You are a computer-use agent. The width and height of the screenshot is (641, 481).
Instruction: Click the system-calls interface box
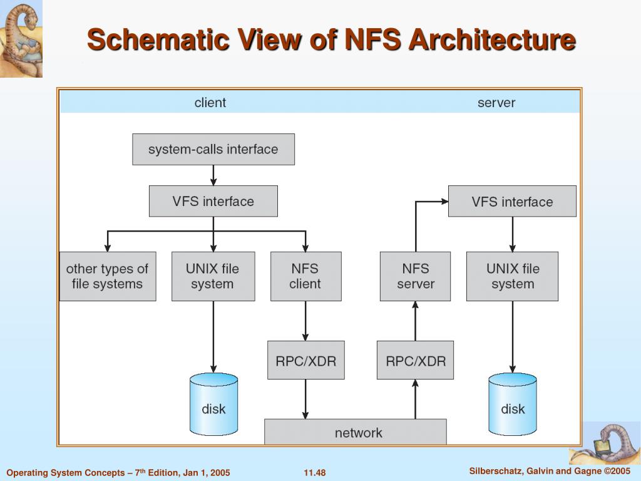point(213,150)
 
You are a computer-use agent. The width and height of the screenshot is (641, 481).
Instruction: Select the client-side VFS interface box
point(213,202)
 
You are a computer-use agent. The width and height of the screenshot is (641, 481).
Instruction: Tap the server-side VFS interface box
point(512,202)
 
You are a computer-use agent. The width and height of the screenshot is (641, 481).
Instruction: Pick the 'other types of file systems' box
point(107,276)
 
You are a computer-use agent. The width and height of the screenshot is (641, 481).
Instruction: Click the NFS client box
point(305,276)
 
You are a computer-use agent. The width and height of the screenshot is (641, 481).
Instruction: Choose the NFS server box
point(415,276)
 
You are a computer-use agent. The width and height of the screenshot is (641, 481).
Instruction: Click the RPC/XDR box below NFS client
point(305,360)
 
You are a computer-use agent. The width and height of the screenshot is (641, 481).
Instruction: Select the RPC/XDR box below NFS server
point(415,360)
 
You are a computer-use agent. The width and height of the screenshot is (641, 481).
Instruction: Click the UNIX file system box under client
point(213,276)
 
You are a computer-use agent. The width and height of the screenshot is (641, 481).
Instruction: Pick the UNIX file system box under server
point(512,276)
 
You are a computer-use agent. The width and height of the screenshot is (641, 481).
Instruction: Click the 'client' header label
point(210,103)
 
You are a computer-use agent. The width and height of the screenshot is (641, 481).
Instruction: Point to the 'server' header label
point(496,103)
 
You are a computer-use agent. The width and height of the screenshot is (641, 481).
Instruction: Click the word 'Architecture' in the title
point(492,40)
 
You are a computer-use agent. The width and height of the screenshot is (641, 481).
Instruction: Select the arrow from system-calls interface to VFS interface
point(213,175)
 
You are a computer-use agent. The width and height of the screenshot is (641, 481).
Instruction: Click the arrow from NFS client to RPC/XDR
point(305,321)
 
